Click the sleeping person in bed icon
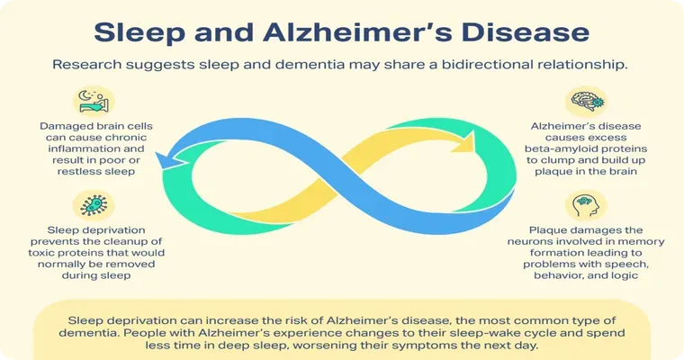(94, 102)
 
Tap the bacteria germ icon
(94, 205)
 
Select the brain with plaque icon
(586, 101)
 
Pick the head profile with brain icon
(586, 205)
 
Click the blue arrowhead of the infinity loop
(171, 159)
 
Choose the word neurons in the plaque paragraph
(527, 241)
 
